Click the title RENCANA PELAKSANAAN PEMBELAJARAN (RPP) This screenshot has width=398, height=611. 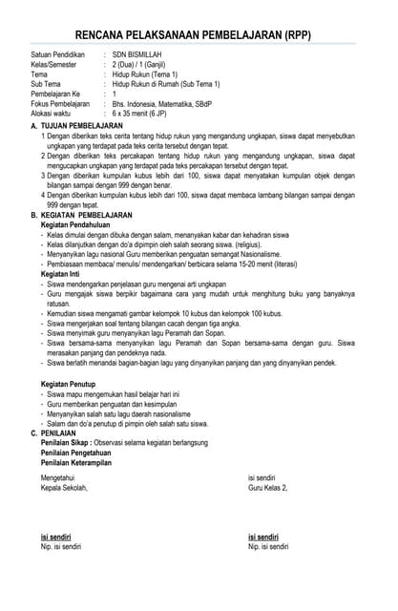point(199,35)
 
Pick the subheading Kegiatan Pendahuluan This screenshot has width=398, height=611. point(79,225)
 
